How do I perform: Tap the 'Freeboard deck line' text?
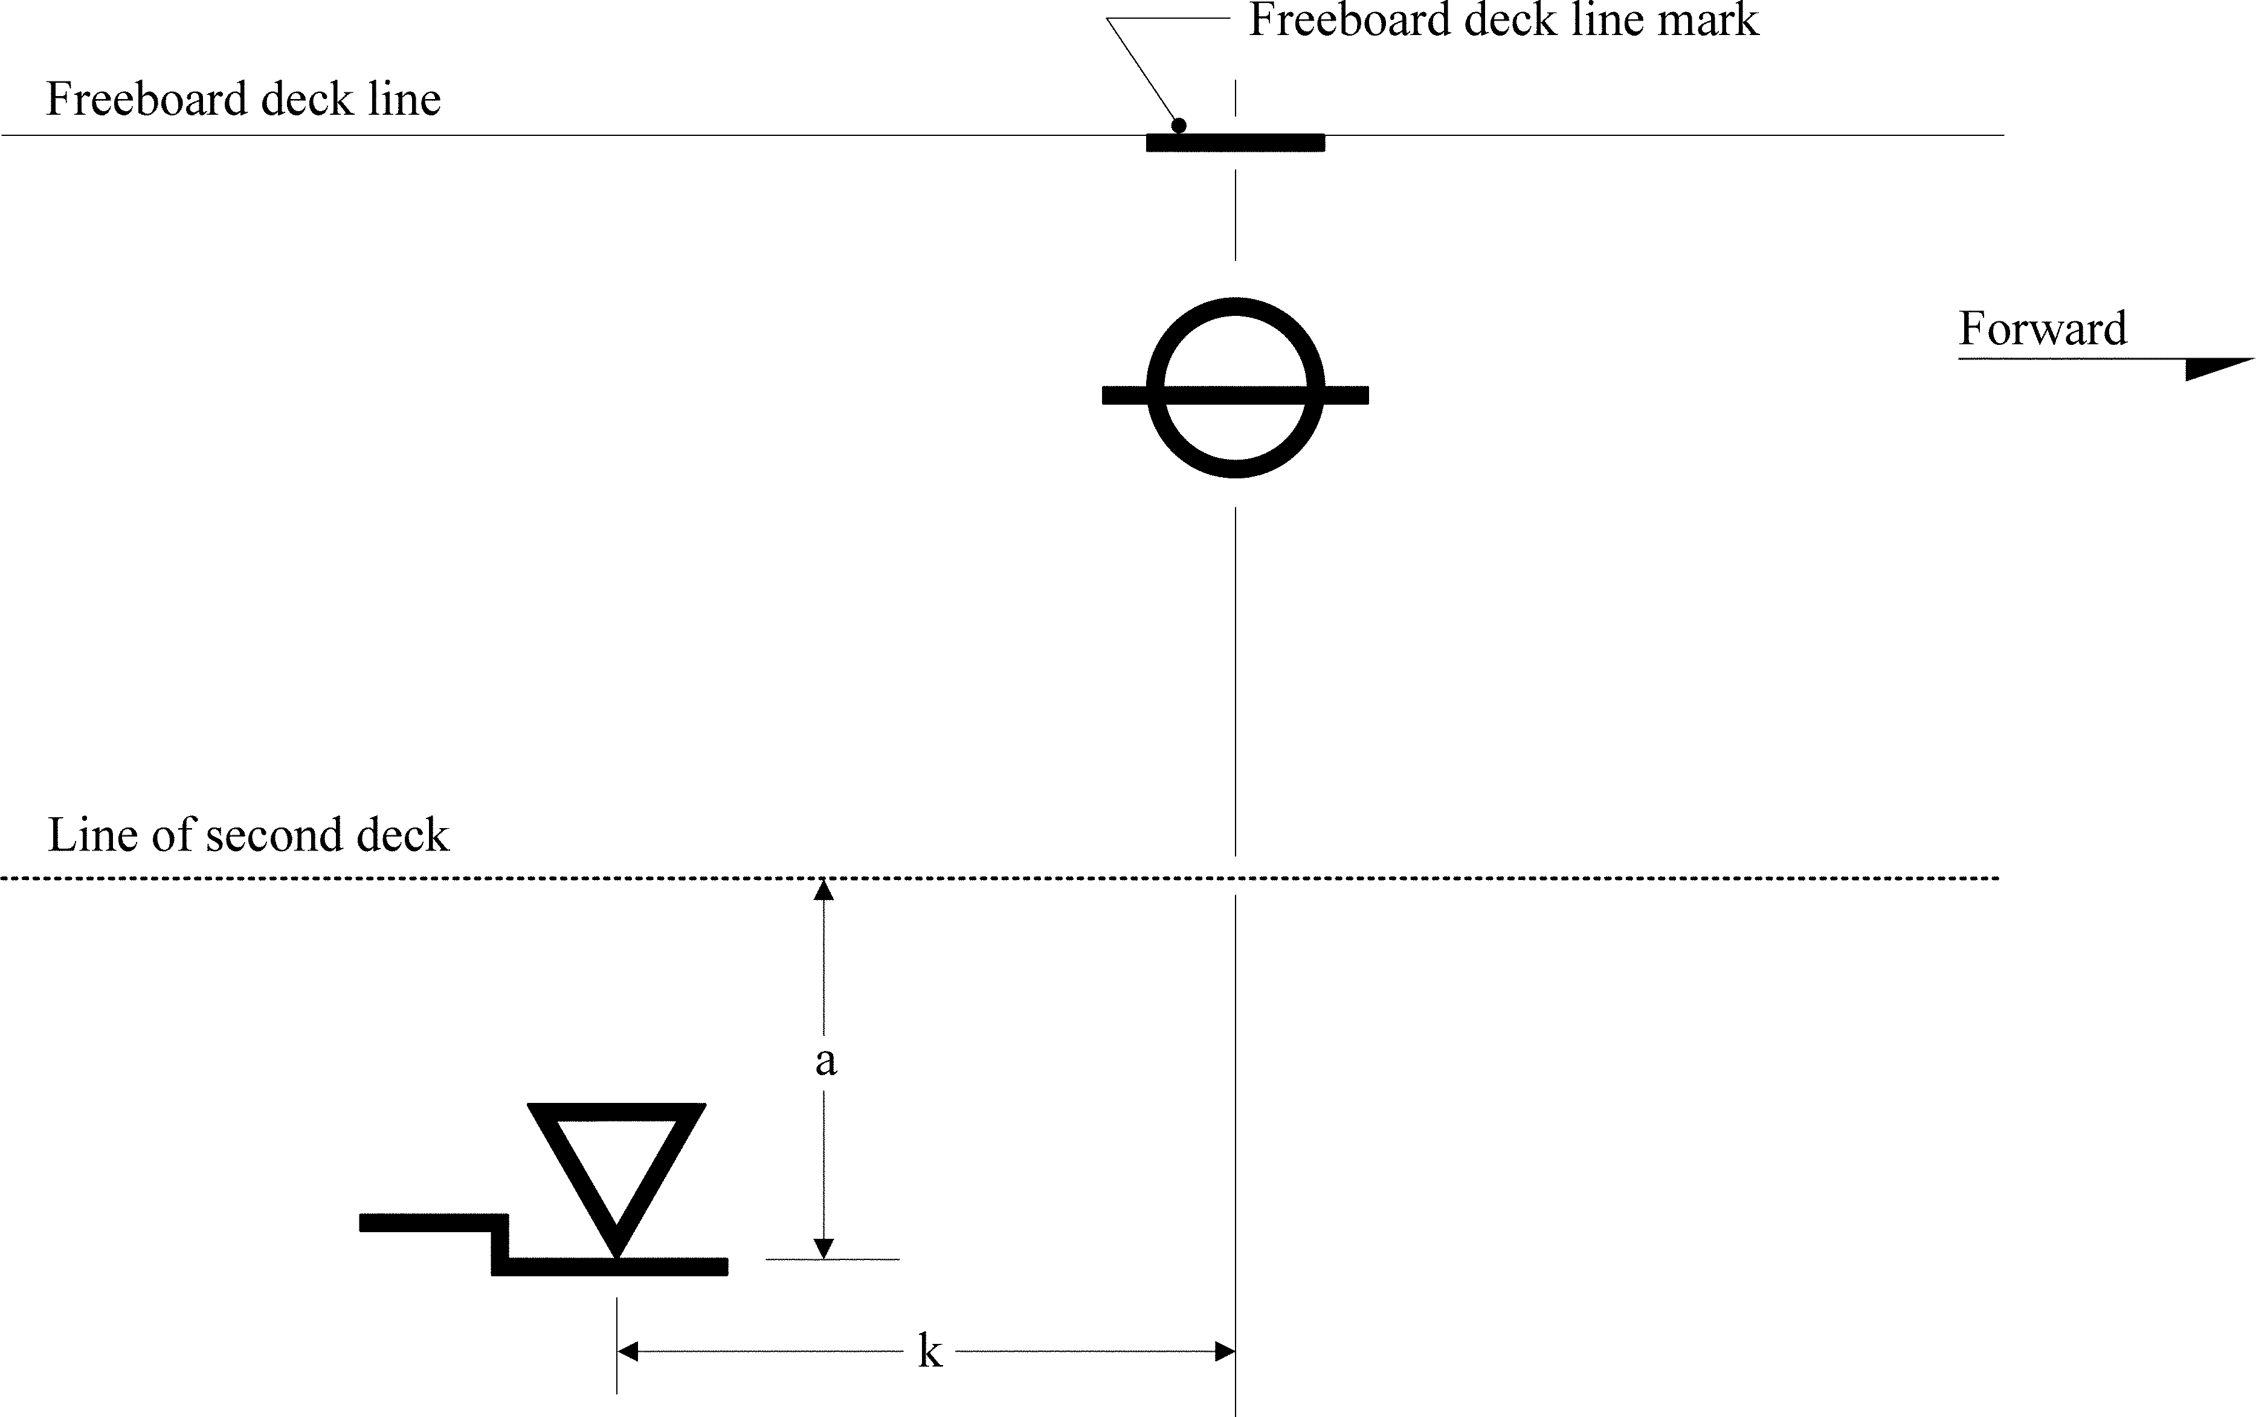[x=243, y=99]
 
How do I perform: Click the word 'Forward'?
[x=2042, y=329]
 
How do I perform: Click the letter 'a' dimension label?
[x=825, y=1061]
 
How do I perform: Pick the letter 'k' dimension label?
[x=929, y=1351]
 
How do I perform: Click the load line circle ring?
[x=1235, y=307]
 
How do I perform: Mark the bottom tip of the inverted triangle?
[x=616, y=1253]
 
